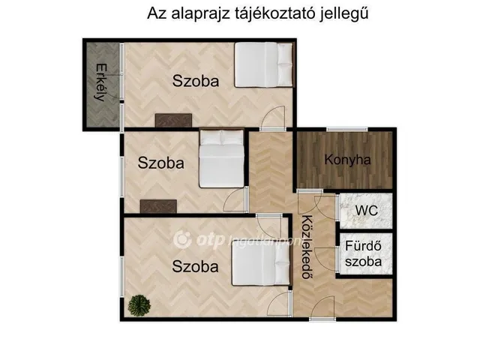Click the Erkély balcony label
[x=101, y=84]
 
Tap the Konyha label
[x=347, y=160]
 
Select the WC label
[x=366, y=211]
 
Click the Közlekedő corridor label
[x=307, y=247]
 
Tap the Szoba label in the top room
[x=196, y=82]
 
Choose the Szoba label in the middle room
[x=160, y=163]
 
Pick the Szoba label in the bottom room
[x=195, y=265]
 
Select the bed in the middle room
[x=222, y=160]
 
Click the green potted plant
[x=138, y=305]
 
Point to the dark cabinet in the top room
[x=173, y=120]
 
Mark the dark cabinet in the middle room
[x=158, y=206]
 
